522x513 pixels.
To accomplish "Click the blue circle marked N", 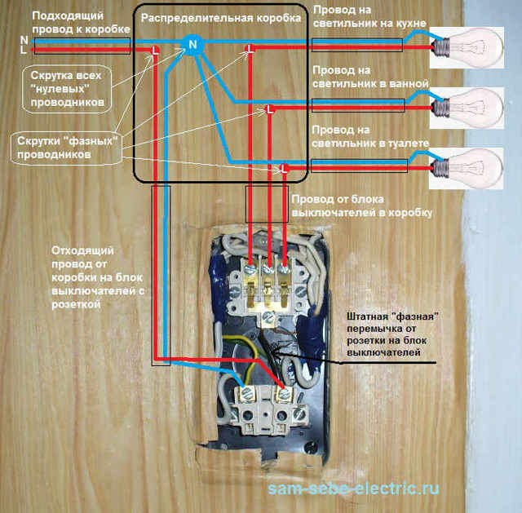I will click(193, 44).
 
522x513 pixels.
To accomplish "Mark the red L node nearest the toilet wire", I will click(282, 169).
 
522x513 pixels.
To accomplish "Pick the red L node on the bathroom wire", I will click(269, 108).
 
